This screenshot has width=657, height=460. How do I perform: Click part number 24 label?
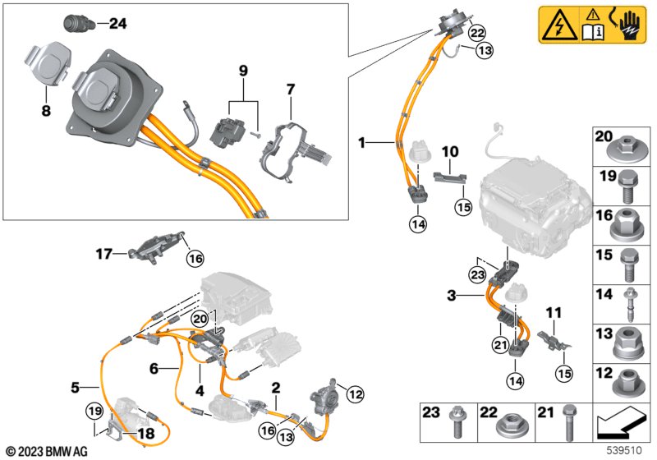tap(117, 24)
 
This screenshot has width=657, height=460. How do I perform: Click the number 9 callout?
tap(243, 71)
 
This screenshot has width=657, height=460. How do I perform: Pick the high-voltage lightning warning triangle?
tap(559, 25)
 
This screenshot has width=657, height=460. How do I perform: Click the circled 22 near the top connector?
tap(477, 32)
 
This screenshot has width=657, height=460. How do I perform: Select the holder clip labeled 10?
tap(449, 177)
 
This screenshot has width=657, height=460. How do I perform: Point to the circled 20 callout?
tap(200, 320)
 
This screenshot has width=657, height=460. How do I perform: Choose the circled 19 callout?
tap(94, 411)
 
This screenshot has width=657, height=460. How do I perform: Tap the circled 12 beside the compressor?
tap(356, 393)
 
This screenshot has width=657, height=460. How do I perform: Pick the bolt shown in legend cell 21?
tap(568, 423)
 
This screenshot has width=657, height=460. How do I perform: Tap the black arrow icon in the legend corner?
tap(623, 422)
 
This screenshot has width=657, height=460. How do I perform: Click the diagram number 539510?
tap(624, 451)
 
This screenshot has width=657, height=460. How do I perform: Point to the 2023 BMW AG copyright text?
tap(48, 452)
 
